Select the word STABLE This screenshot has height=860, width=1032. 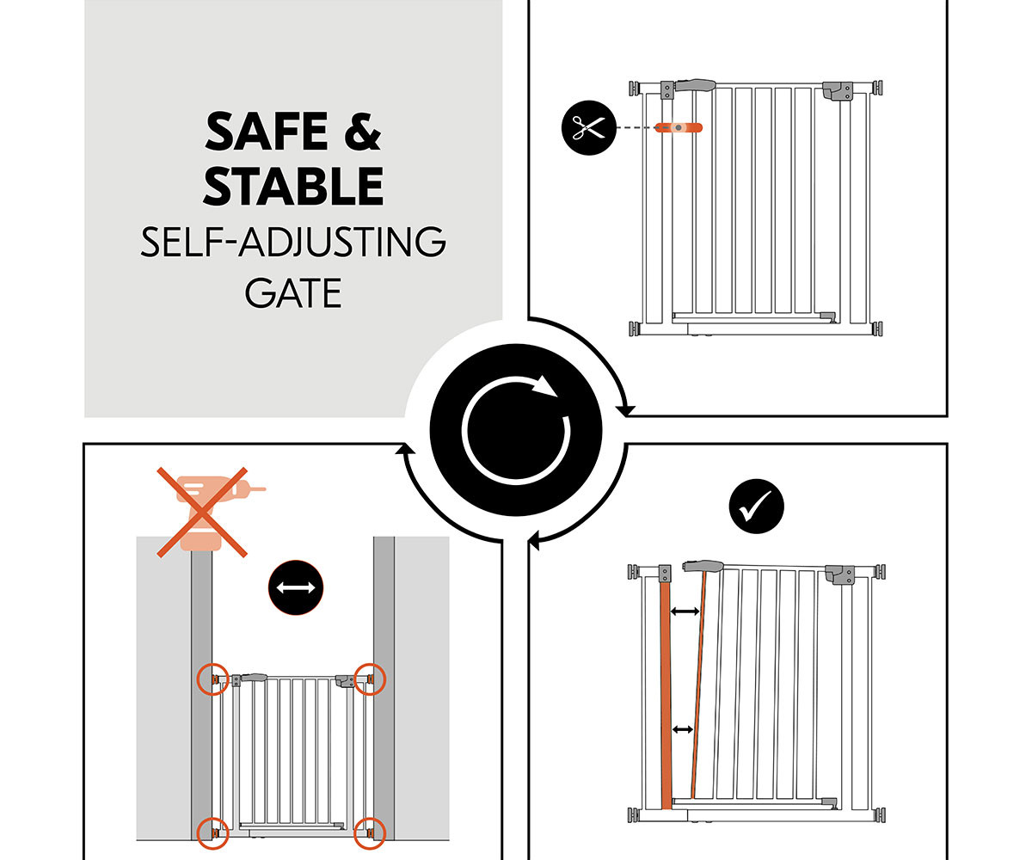click(293, 186)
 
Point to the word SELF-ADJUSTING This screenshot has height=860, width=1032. click(293, 242)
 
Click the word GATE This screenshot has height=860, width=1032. click(293, 293)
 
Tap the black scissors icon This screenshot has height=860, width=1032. click(588, 127)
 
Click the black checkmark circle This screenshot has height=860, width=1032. click(756, 507)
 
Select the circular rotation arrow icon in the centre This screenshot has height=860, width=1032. click(515, 429)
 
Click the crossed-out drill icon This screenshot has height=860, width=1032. click(206, 512)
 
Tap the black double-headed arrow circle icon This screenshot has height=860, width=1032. click(296, 587)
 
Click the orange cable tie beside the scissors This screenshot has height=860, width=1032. click(679, 127)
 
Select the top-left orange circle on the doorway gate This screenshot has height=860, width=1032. click(213, 679)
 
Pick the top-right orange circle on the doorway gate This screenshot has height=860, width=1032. click(370, 679)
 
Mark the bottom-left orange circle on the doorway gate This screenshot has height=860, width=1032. click(213, 833)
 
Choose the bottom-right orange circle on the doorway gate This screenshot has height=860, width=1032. click(370, 833)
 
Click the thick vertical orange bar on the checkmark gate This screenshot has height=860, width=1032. click(666, 696)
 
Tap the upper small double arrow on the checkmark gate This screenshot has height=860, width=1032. click(685, 611)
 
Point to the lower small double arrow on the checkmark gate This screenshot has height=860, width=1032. click(683, 729)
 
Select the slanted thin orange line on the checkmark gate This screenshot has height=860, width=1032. click(698, 685)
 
